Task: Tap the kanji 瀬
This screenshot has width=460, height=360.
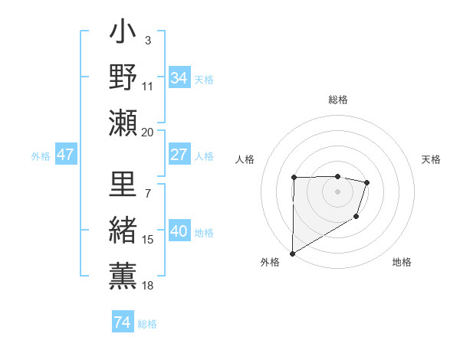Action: pos(123,122)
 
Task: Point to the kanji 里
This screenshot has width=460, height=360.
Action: pos(123,187)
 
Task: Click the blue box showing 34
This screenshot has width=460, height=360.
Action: pos(179,78)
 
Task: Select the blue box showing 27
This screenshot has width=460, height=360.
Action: pos(179,155)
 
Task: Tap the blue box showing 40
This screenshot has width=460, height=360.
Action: pos(179,232)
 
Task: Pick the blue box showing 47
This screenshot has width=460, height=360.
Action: pos(66,155)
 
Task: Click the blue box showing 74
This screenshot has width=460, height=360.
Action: pos(122,322)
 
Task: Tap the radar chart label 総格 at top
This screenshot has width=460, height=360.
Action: pos(338,100)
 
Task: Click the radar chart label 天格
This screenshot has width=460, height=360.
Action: pos(432,159)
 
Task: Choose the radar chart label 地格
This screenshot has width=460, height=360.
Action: pos(402,262)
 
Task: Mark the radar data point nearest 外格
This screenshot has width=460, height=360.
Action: pos(292,253)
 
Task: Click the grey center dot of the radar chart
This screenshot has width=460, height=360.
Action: pos(337,191)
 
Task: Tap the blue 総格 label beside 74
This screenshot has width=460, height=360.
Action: pos(147,324)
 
